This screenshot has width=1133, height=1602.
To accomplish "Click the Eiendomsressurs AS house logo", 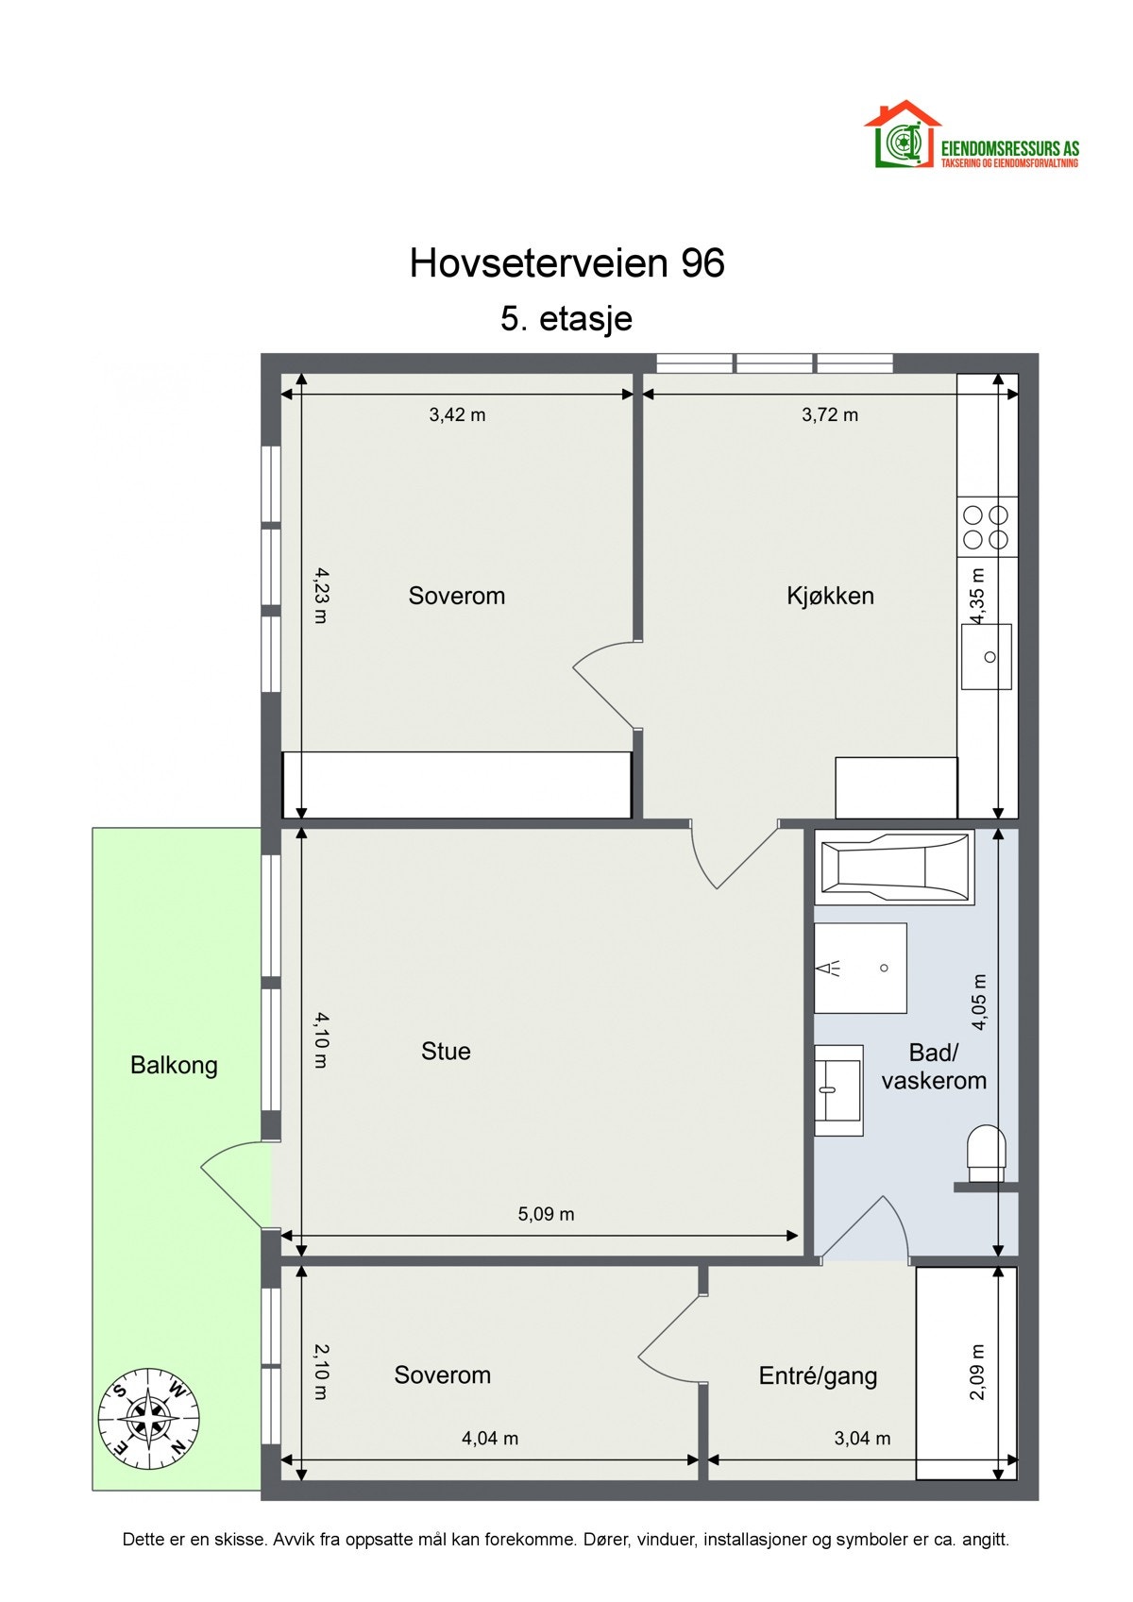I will pyautogui.click(x=902, y=136).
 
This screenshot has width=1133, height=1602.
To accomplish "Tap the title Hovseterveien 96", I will pyautogui.click(x=566, y=263).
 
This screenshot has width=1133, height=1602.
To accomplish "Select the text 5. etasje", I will pyautogui.click(x=566, y=319).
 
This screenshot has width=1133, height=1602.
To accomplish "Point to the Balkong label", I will pyautogui.click(x=174, y=1066).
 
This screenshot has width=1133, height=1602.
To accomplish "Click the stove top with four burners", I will pyautogui.click(x=985, y=528).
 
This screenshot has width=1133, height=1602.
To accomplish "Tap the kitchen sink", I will pyautogui.click(x=987, y=656).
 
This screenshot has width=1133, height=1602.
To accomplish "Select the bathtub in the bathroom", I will pyautogui.click(x=893, y=868).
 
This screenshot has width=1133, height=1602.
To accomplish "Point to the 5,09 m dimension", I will pyautogui.click(x=546, y=1214).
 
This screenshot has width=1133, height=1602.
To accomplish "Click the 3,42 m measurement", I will pyautogui.click(x=457, y=414).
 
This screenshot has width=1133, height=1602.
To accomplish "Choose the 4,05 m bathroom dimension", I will pyautogui.click(x=978, y=1003).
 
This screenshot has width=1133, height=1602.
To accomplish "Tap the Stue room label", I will pyautogui.click(x=446, y=1052).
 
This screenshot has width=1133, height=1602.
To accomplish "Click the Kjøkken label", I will pyautogui.click(x=830, y=596).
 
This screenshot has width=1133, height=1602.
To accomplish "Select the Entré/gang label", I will pyautogui.click(x=818, y=1376).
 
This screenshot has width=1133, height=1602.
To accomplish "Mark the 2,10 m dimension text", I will pyautogui.click(x=321, y=1372).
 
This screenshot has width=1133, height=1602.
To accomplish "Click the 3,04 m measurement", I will pyautogui.click(x=862, y=1439).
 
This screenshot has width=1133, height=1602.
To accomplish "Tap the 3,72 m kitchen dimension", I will pyautogui.click(x=830, y=414).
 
